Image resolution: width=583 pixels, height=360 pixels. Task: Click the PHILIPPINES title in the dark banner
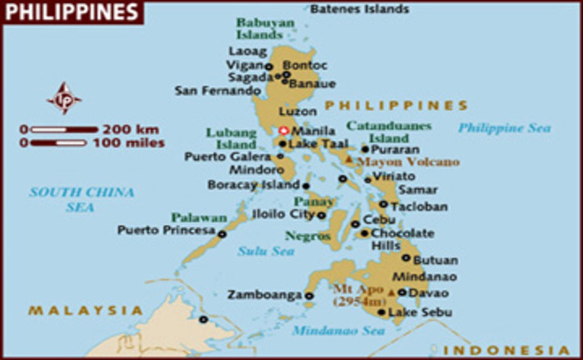click(72, 12)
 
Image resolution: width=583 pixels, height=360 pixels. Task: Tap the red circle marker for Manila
click(283, 130)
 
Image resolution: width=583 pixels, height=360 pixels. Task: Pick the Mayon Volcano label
click(395, 162)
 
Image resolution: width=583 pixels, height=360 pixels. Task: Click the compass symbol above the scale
click(64, 97)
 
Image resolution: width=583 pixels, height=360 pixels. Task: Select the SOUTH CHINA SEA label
click(81, 199)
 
